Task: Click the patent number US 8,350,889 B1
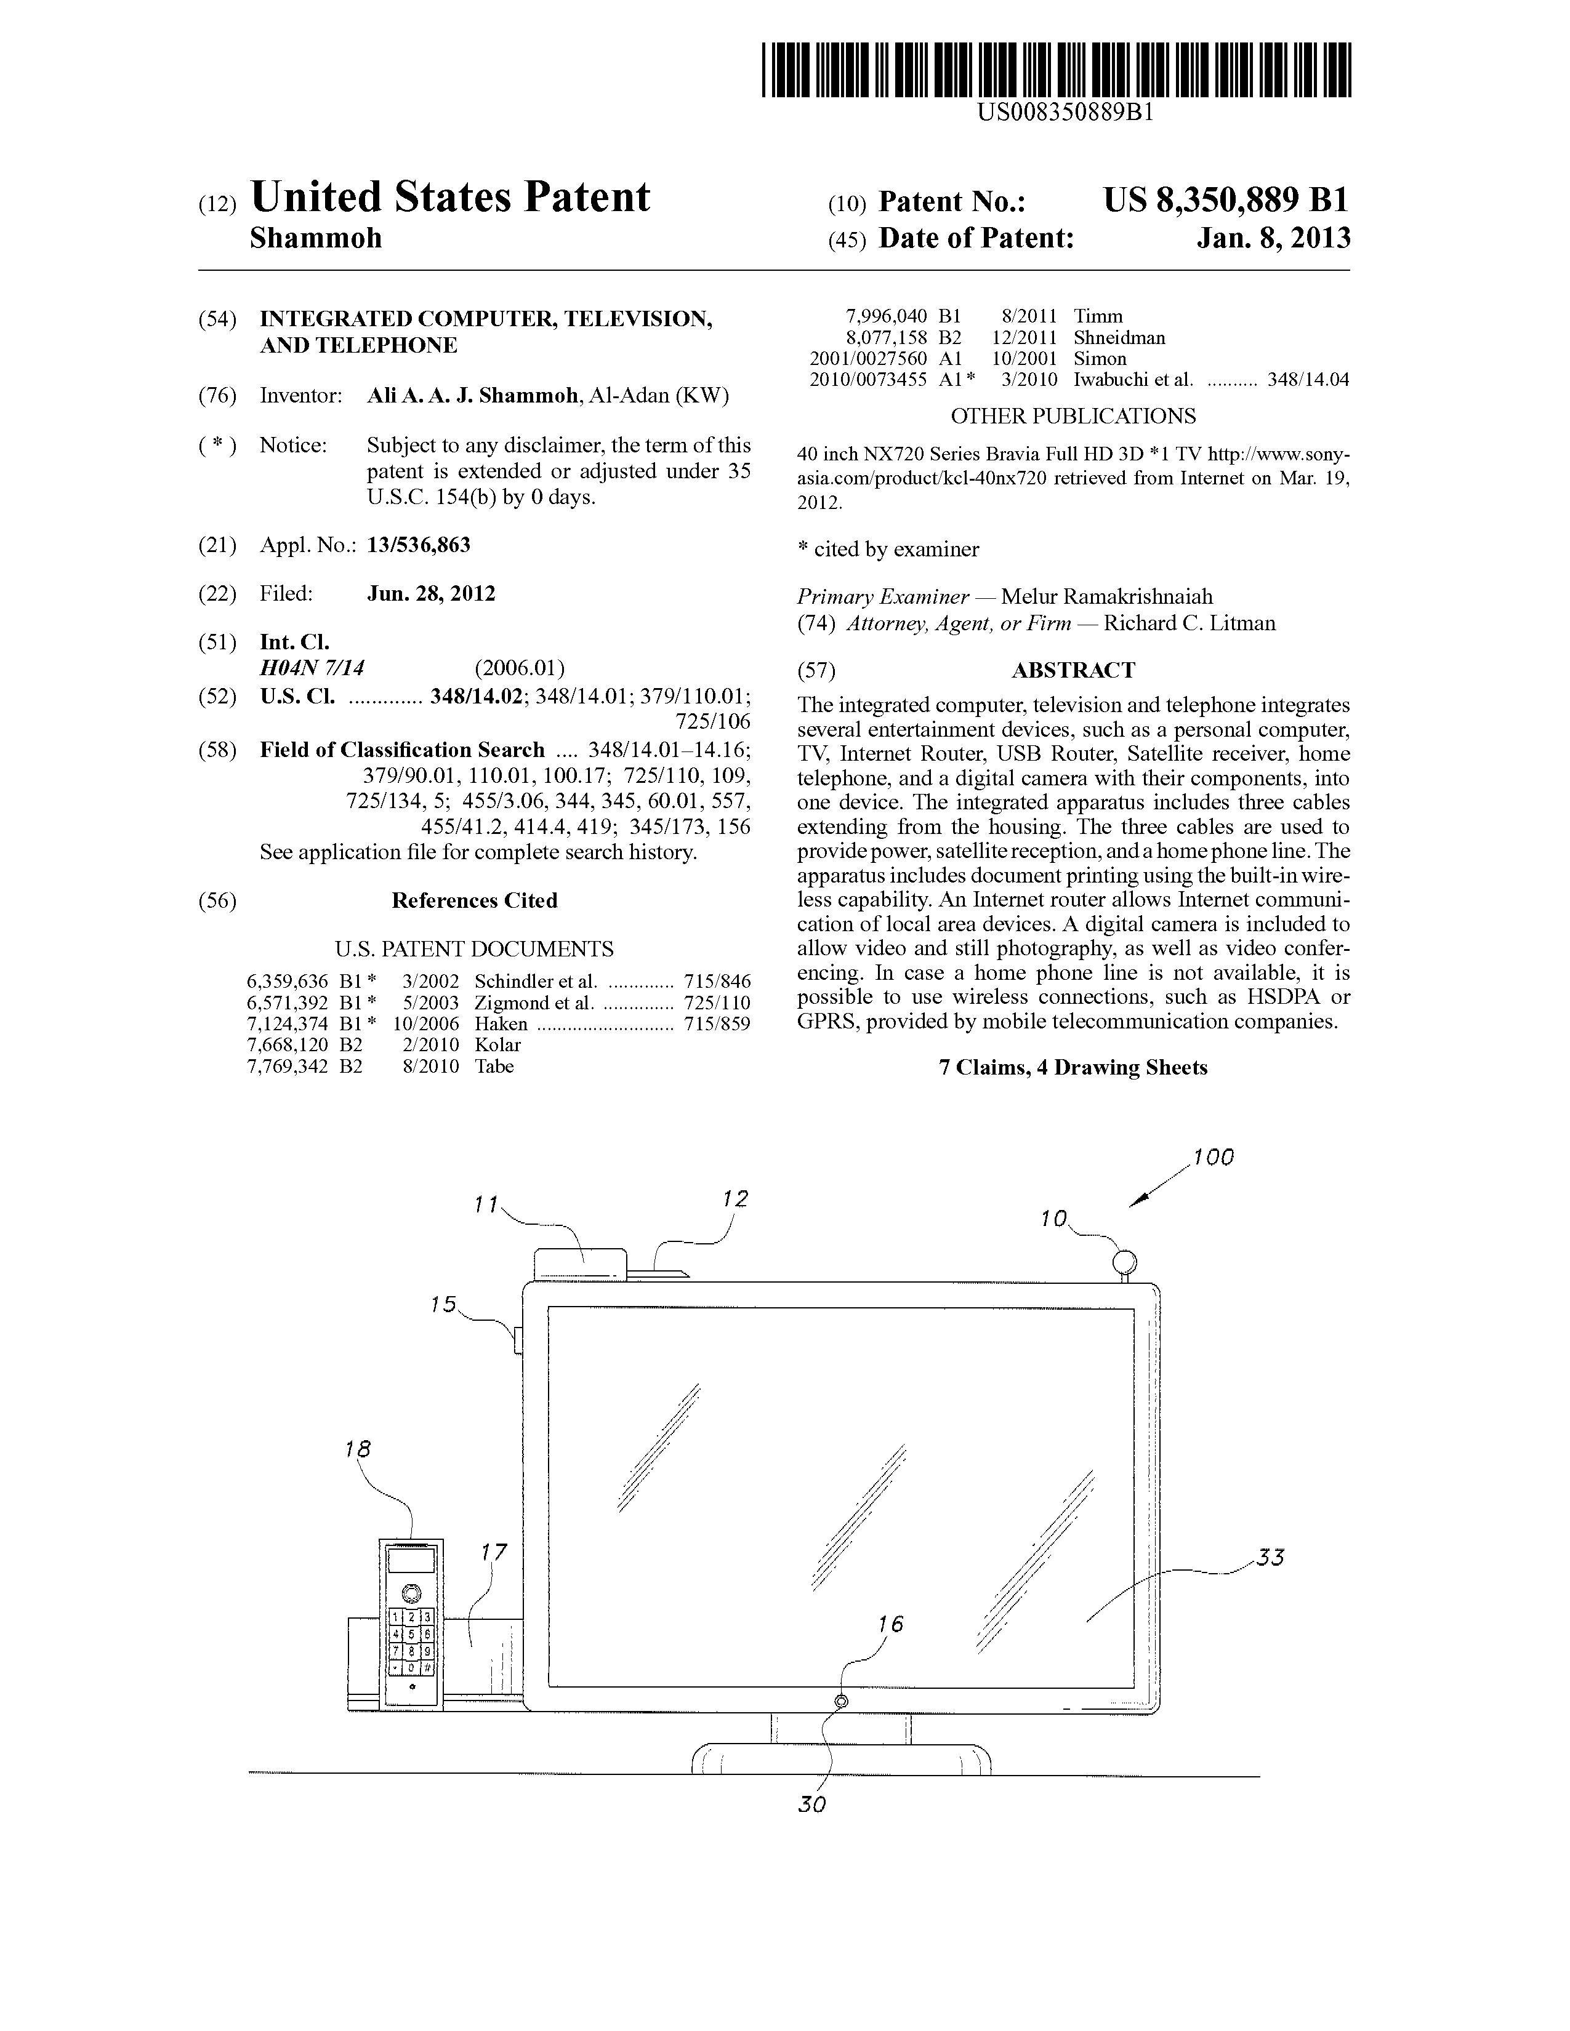[x=1226, y=200]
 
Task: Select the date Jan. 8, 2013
[x=1273, y=238]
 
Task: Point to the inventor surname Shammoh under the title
[x=316, y=238]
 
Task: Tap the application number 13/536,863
[x=419, y=545]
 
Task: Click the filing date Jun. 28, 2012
[x=432, y=593]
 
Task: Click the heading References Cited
[x=474, y=900]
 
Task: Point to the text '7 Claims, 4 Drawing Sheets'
[x=1073, y=1068]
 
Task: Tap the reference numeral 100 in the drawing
[x=1213, y=1157]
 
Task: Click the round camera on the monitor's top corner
[x=1124, y=1262]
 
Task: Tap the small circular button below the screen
[x=842, y=1701]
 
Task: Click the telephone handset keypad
[x=410, y=1642]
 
